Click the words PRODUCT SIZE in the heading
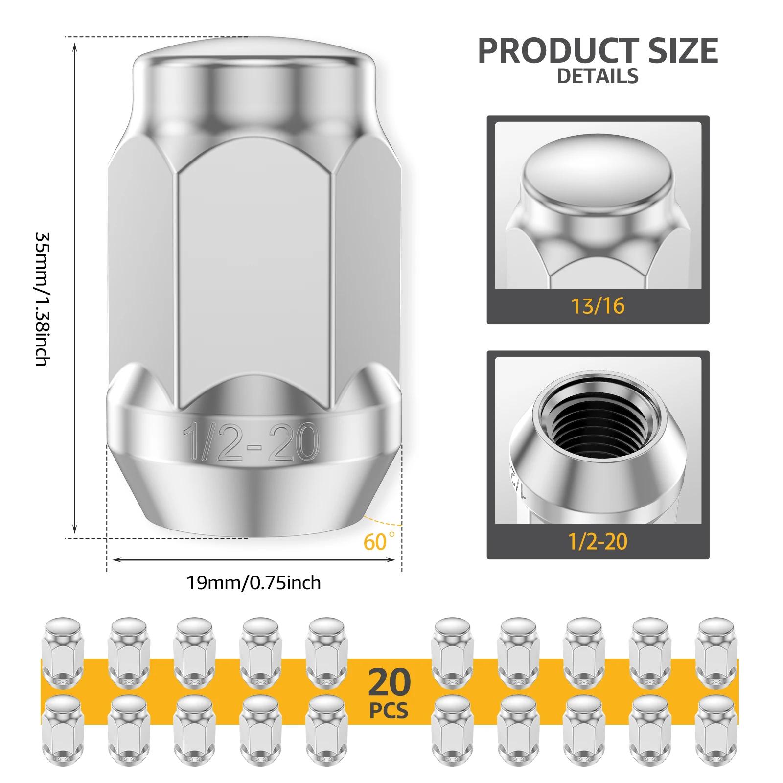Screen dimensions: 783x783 598,50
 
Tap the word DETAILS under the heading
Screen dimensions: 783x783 598,76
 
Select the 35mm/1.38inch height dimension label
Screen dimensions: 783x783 43,298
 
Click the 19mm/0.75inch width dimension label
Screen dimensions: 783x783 253,583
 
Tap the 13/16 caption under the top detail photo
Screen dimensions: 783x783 598,306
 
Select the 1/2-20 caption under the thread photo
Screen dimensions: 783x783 598,541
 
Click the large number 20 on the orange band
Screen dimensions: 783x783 390,683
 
